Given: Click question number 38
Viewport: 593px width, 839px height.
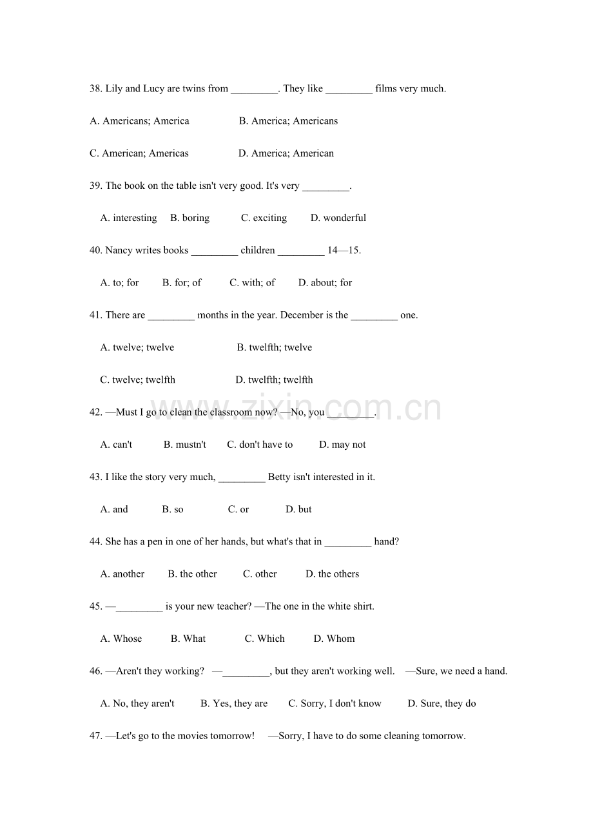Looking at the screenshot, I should [96, 89].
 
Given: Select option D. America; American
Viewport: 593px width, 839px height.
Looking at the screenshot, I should [286, 153].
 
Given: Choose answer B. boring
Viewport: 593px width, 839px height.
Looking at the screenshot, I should [190, 218].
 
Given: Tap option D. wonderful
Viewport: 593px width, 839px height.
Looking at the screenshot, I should [338, 218].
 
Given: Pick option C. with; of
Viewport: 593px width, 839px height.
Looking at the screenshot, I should [252, 282].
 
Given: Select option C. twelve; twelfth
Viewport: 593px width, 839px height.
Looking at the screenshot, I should [137, 380].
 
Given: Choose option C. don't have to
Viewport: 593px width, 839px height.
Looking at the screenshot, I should [260, 445].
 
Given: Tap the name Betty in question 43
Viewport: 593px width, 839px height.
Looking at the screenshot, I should [279, 477].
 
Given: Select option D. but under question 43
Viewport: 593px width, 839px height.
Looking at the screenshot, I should [298, 509].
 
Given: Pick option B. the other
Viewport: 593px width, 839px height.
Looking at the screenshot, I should [192, 574].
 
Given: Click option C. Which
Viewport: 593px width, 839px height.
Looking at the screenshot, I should [264, 639].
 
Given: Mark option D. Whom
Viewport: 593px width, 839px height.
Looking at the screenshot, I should [334, 639].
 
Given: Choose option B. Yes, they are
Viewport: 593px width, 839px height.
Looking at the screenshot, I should [233, 704].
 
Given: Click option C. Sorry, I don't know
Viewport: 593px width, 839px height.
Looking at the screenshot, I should [335, 704].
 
